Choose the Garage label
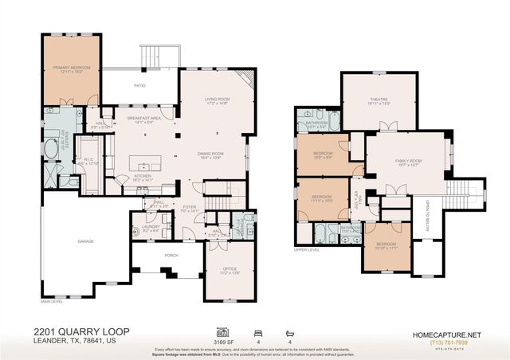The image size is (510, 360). click(85, 241)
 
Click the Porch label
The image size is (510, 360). click(170, 256)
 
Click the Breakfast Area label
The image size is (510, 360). click(144, 119)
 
